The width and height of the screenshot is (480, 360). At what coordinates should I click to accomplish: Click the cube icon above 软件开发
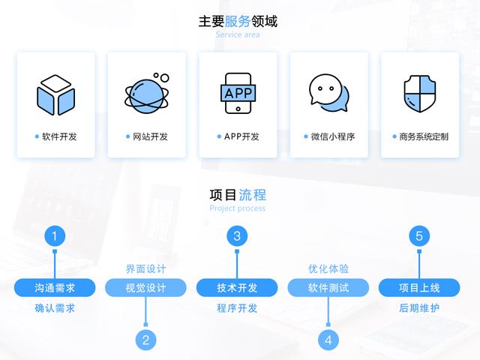click(55, 95)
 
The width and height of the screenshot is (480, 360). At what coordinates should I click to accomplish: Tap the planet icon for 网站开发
click(147, 93)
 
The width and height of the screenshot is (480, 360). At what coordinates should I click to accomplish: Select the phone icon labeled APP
click(238, 93)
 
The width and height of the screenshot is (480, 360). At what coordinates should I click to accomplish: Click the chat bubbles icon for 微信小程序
click(329, 93)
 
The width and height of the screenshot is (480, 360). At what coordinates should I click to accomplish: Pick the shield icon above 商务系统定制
click(420, 93)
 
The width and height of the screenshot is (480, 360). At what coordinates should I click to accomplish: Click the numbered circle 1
click(55, 236)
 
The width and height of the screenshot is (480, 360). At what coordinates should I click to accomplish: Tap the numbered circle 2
click(145, 340)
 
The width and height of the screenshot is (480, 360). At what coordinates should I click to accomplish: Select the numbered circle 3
click(237, 236)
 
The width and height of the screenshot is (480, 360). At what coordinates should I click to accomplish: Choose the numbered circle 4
click(328, 340)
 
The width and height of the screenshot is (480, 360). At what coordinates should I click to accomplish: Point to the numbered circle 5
click(419, 236)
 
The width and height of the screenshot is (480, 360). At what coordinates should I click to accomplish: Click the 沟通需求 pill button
click(55, 288)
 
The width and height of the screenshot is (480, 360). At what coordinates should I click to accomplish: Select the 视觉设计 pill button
click(145, 288)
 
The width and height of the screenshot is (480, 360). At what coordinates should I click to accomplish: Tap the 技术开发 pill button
click(237, 288)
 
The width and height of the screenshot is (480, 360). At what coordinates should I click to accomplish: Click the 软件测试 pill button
click(328, 288)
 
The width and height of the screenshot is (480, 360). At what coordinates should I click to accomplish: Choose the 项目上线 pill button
click(419, 288)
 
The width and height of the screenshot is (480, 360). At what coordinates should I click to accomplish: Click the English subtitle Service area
click(238, 34)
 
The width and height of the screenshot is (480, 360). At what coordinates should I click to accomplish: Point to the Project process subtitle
click(238, 208)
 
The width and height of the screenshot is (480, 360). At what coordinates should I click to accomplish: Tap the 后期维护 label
click(419, 308)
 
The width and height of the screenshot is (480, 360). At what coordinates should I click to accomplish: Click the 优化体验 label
click(328, 268)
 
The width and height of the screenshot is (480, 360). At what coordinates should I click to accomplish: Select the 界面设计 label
click(145, 268)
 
